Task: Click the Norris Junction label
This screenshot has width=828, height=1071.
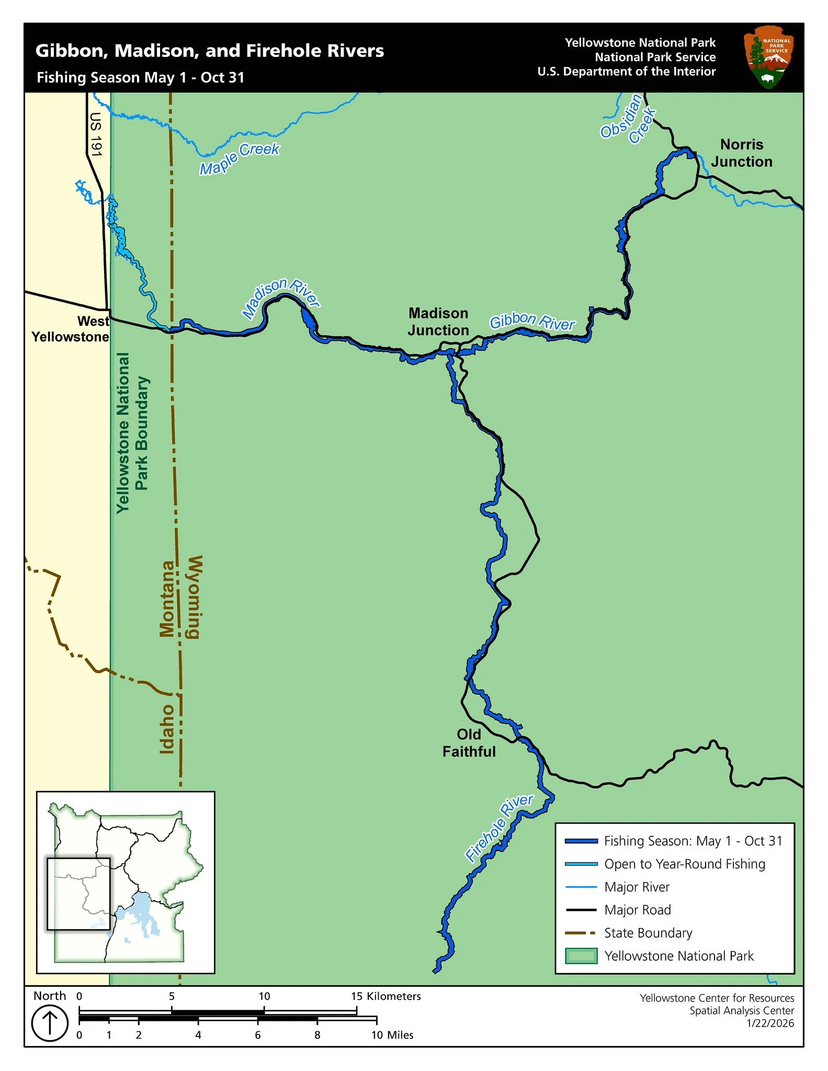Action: point(741,153)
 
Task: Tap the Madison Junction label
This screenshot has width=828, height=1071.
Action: point(438,322)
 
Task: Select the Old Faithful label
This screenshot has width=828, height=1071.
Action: point(469,743)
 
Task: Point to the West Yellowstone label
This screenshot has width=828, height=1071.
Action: point(71,329)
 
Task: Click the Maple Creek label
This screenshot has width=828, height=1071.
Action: point(240,158)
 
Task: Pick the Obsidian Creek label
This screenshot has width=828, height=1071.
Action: point(628,119)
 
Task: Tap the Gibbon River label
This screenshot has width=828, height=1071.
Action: point(532,322)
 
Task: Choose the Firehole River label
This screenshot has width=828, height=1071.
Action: point(499,827)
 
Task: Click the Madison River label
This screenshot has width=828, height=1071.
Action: point(281,298)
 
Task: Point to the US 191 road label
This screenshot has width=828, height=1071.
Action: point(96,134)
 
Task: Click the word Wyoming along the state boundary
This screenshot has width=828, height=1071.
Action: point(194,597)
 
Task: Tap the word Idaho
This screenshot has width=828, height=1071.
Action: point(166,728)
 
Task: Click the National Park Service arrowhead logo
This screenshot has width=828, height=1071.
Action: point(768,58)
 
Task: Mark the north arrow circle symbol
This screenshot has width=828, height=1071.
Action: point(50,1023)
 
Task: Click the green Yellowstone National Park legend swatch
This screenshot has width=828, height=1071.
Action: point(581,956)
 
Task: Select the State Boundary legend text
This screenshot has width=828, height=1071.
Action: point(648,933)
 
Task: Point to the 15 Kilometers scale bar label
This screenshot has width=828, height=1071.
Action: point(385,996)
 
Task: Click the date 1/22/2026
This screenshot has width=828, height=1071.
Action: point(770,1023)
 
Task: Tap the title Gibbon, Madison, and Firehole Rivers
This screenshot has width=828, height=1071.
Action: point(209,51)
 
